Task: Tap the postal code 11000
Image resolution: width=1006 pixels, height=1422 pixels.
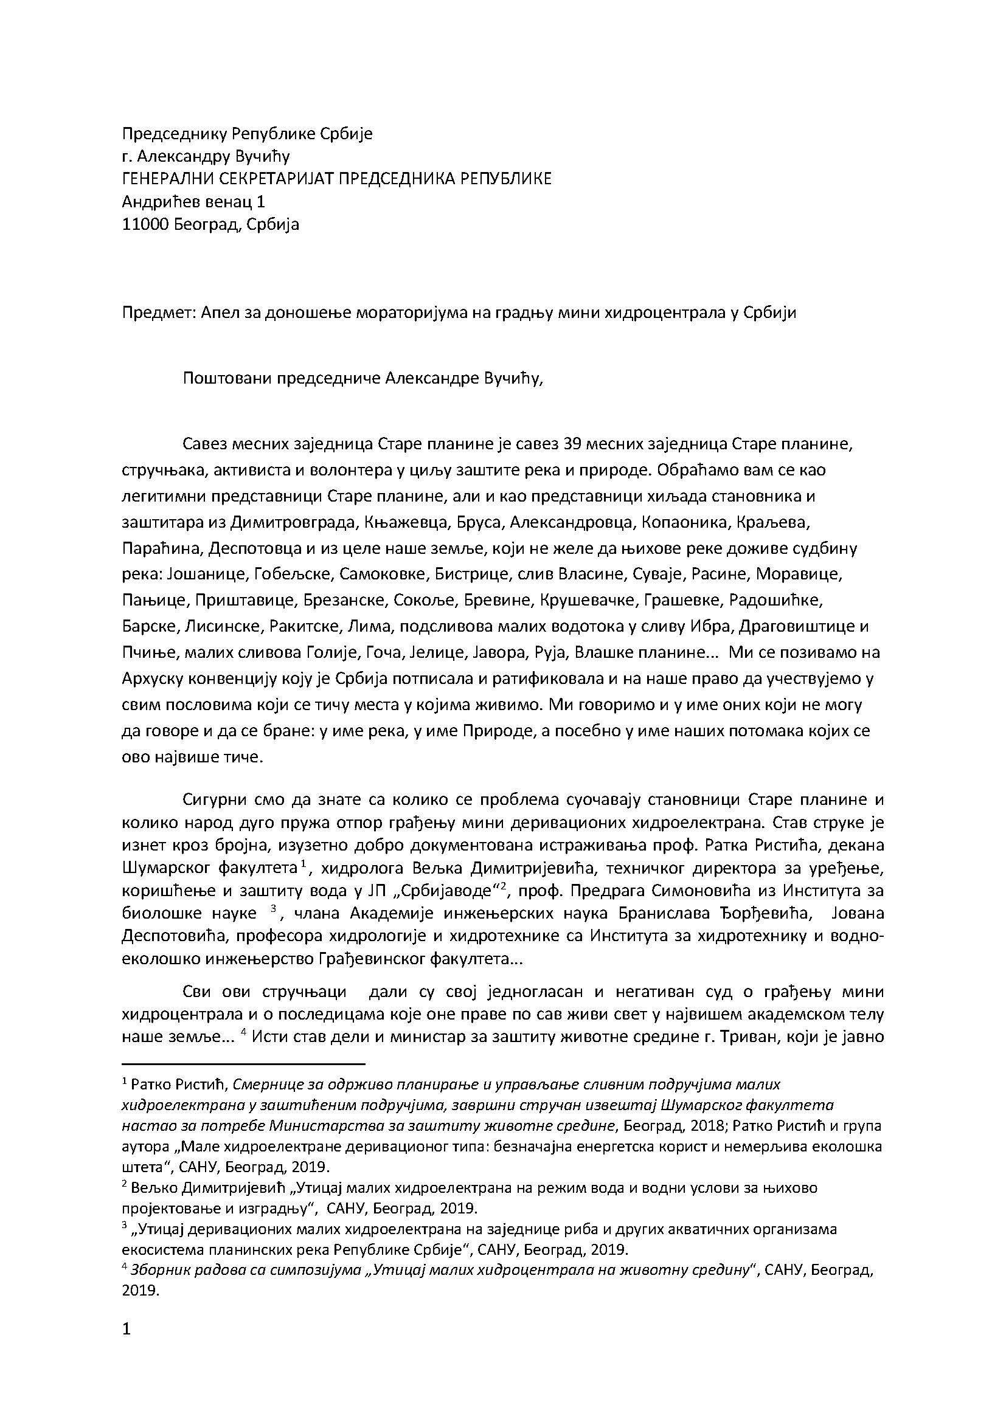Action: pyautogui.click(x=145, y=224)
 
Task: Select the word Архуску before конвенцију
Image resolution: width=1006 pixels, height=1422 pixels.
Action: pyautogui.click(x=153, y=678)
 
